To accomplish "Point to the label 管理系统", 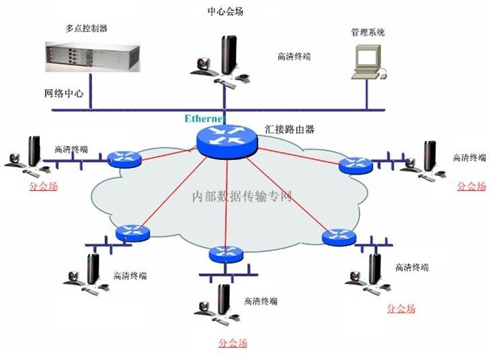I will pos(368,32).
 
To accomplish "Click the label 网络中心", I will pos(64,93).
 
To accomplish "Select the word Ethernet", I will pos(204,119).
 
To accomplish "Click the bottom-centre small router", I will pos(225,255).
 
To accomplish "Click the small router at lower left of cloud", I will pos(131,233).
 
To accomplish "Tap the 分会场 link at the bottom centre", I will pos(233,343).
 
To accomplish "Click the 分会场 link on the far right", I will pos(471,186).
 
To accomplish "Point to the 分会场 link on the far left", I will pos(43,186).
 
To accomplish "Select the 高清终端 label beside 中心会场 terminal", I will pos(294,56).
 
